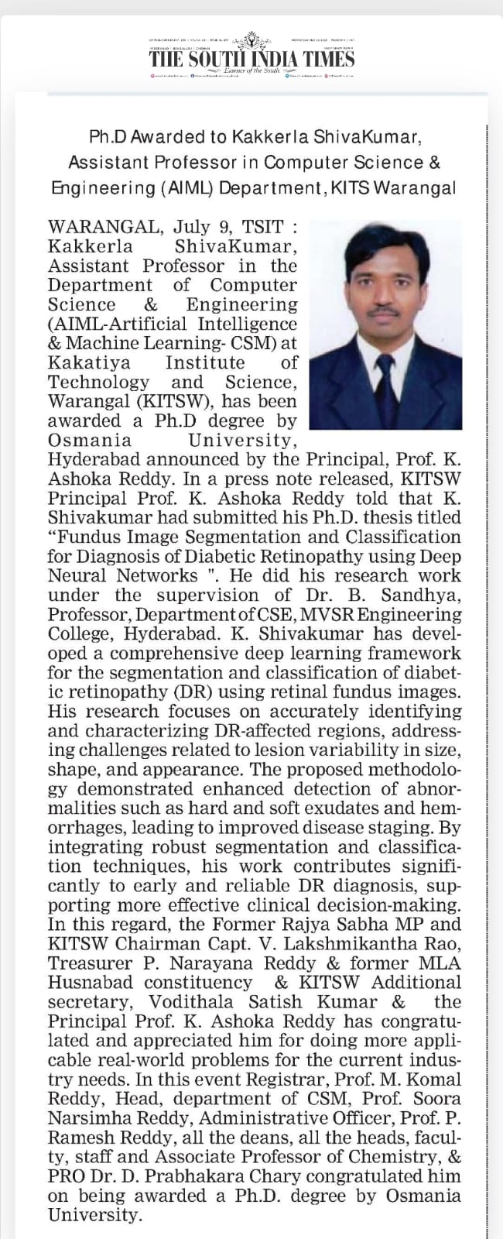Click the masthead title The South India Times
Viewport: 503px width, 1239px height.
pos(251,59)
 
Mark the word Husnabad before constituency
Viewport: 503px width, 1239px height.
pos(85,982)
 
